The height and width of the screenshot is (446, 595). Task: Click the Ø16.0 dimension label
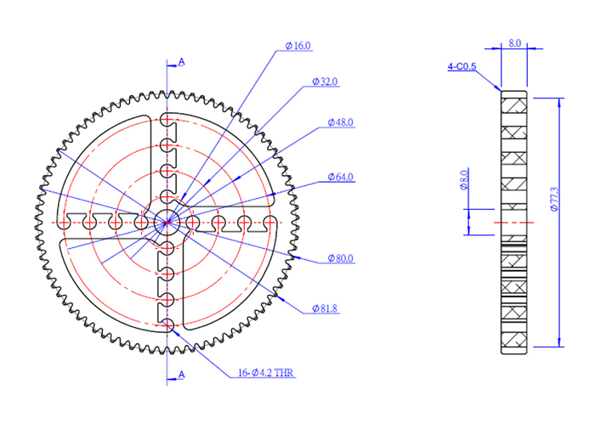pyautogui.click(x=298, y=45)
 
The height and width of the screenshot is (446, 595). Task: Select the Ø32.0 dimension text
pyautogui.click(x=325, y=82)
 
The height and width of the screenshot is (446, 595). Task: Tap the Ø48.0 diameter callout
pyautogui.click(x=340, y=122)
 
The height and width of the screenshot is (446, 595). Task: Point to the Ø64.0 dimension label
pyautogui.click(x=340, y=178)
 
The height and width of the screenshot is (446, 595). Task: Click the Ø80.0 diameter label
pyautogui.click(x=340, y=259)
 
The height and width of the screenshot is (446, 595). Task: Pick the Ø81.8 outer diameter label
pyautogui.click(x=325, y=309)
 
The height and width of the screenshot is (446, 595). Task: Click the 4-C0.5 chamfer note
pyautogui.click(x=462, y=65)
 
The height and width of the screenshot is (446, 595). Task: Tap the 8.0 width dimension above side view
pyautogui.click(x=514, y=42)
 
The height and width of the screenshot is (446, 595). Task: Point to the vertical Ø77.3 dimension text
pyautogui.click(x=553, y=199)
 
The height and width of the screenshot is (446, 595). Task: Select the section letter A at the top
pyautogui.click(x=180, y=62)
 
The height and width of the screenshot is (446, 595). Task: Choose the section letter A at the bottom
pyautogui.click(x=180, y=375)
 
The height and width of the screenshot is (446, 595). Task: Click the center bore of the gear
pyautogui.click(x=167, y=222)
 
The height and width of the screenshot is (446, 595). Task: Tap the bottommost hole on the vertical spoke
pyautogui.click(x=167, y=326)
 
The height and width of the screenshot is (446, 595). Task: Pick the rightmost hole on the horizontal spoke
pyautogui.click(x=270, y=222)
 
